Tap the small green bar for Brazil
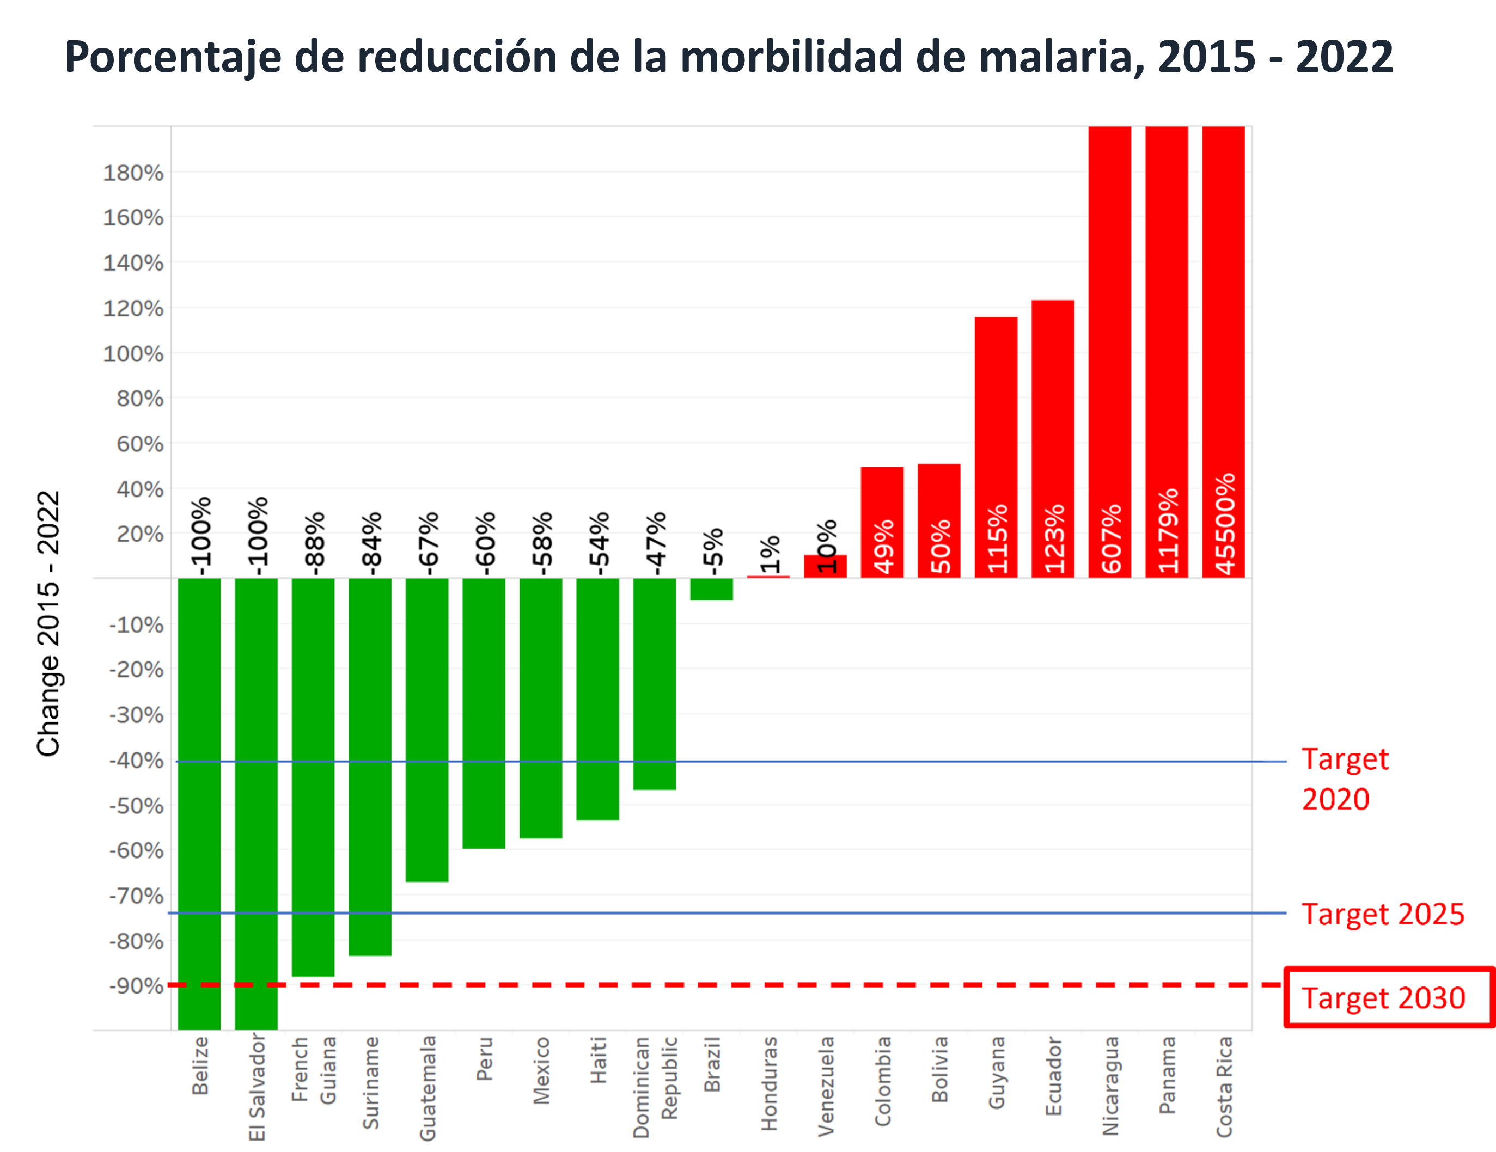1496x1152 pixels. (x=711, y=589)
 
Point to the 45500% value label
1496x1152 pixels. (x=1225, y=523)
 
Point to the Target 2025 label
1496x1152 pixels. (x=1382, y=914)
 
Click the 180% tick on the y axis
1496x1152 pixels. (x=133, y=173)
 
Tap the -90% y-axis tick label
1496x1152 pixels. (x=136, y=986)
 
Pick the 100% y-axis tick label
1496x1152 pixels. (x=133, y=354)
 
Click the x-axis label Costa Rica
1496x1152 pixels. (x=1224, y=1087)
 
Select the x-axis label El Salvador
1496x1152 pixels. (x=257, y=1087)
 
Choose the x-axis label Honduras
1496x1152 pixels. (x=769, y=1083)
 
